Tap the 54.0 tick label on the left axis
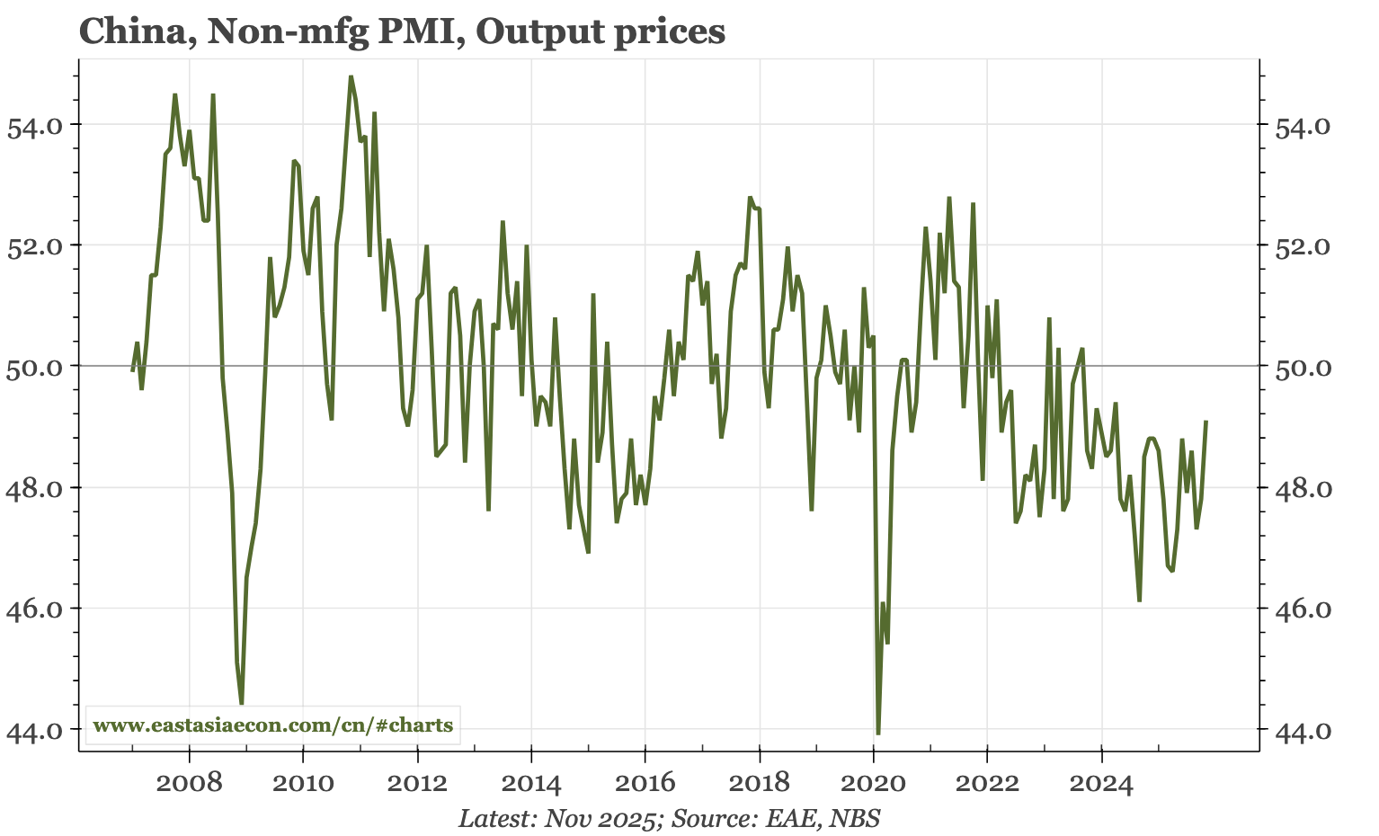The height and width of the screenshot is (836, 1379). (35, 126)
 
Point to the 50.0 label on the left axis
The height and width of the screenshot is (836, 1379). (35, 368)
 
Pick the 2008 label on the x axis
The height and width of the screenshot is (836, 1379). (189, 782)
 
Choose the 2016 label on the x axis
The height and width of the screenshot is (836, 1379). (645, 782)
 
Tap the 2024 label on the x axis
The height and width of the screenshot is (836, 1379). (1100, 782)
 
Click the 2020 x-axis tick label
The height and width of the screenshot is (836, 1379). (873, 782)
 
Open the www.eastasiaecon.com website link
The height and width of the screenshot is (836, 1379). (273, 725)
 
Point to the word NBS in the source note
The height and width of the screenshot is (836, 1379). (854, 818)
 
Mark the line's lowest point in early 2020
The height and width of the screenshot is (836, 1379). (877, 734)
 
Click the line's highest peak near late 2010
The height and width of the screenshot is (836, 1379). (351, 76)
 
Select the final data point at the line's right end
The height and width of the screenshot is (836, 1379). (1206, 421)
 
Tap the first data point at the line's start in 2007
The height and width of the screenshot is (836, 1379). (132, 370)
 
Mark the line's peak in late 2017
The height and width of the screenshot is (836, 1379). (750, 197)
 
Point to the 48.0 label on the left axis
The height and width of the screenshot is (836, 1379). (35, 489)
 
